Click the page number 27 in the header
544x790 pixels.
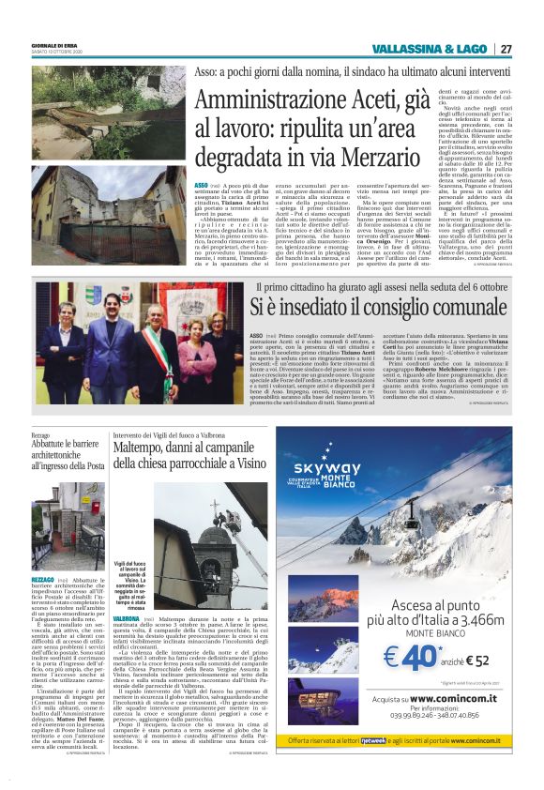pyautogui.click(x=506, y=49)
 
